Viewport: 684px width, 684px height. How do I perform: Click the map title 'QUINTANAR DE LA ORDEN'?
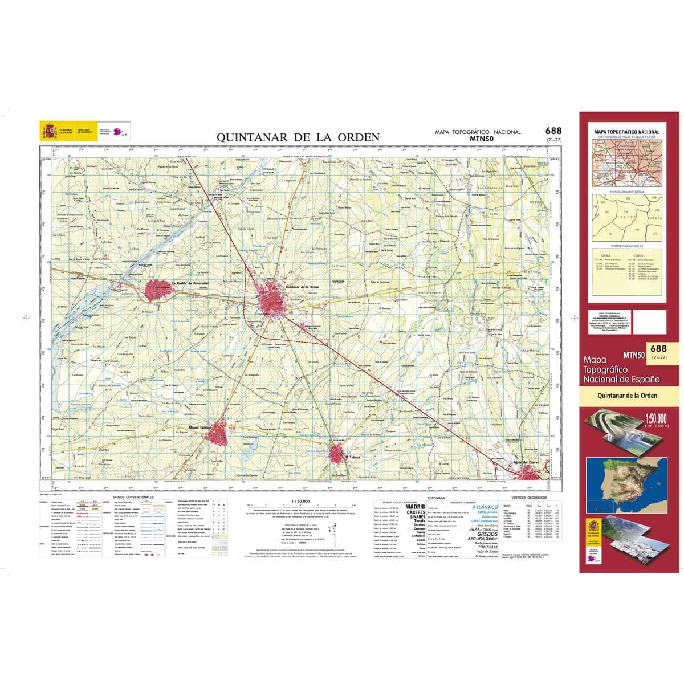(x=298, y=137)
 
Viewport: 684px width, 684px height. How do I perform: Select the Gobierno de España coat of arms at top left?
(x=50, y=132)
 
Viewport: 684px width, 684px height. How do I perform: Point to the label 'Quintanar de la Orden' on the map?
(x=302, y=287)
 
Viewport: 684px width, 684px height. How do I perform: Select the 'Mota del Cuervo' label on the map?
(x=527, y=462)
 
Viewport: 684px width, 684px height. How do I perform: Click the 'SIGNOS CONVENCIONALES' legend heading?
(x=134, y=498)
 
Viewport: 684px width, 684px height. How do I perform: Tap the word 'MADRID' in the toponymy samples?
(x=415, y=507)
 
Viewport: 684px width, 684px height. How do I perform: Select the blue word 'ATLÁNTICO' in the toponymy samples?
(x=484, y=507)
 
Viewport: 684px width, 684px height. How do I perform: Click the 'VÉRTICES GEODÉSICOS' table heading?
(x=530, y=498)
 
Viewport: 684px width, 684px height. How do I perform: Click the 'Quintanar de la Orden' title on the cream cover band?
(x=627, y=396)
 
